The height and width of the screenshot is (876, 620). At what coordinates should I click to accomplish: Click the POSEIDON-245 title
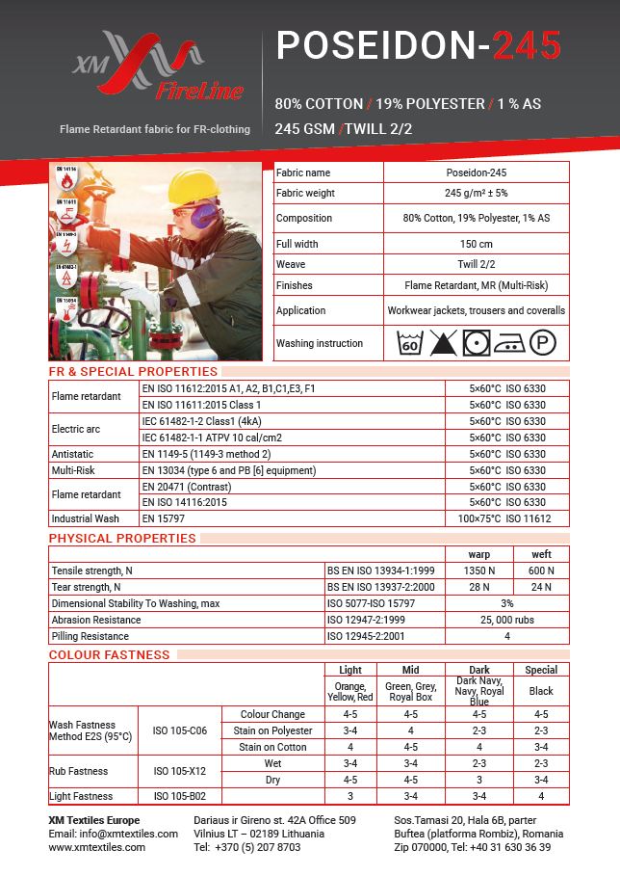418,45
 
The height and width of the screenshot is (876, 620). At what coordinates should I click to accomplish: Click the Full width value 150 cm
476,244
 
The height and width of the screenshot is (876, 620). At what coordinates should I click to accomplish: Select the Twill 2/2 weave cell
476,264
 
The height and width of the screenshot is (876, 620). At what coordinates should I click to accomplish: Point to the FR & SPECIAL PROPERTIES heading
133,371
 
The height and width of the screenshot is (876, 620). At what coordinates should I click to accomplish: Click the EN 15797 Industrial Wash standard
162,518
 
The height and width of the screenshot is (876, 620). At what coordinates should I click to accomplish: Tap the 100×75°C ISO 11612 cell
506,518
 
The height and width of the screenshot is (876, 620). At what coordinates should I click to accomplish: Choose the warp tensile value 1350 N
478,571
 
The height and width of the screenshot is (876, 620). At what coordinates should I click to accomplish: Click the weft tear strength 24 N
541,587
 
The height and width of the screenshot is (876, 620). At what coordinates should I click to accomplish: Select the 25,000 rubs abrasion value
506,620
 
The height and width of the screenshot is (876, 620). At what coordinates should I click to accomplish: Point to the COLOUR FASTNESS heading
109,655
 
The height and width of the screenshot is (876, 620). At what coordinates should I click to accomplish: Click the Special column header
541,670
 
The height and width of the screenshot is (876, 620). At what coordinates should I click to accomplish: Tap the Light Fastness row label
81,796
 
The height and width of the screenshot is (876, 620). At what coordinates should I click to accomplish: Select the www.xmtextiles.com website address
96,847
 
